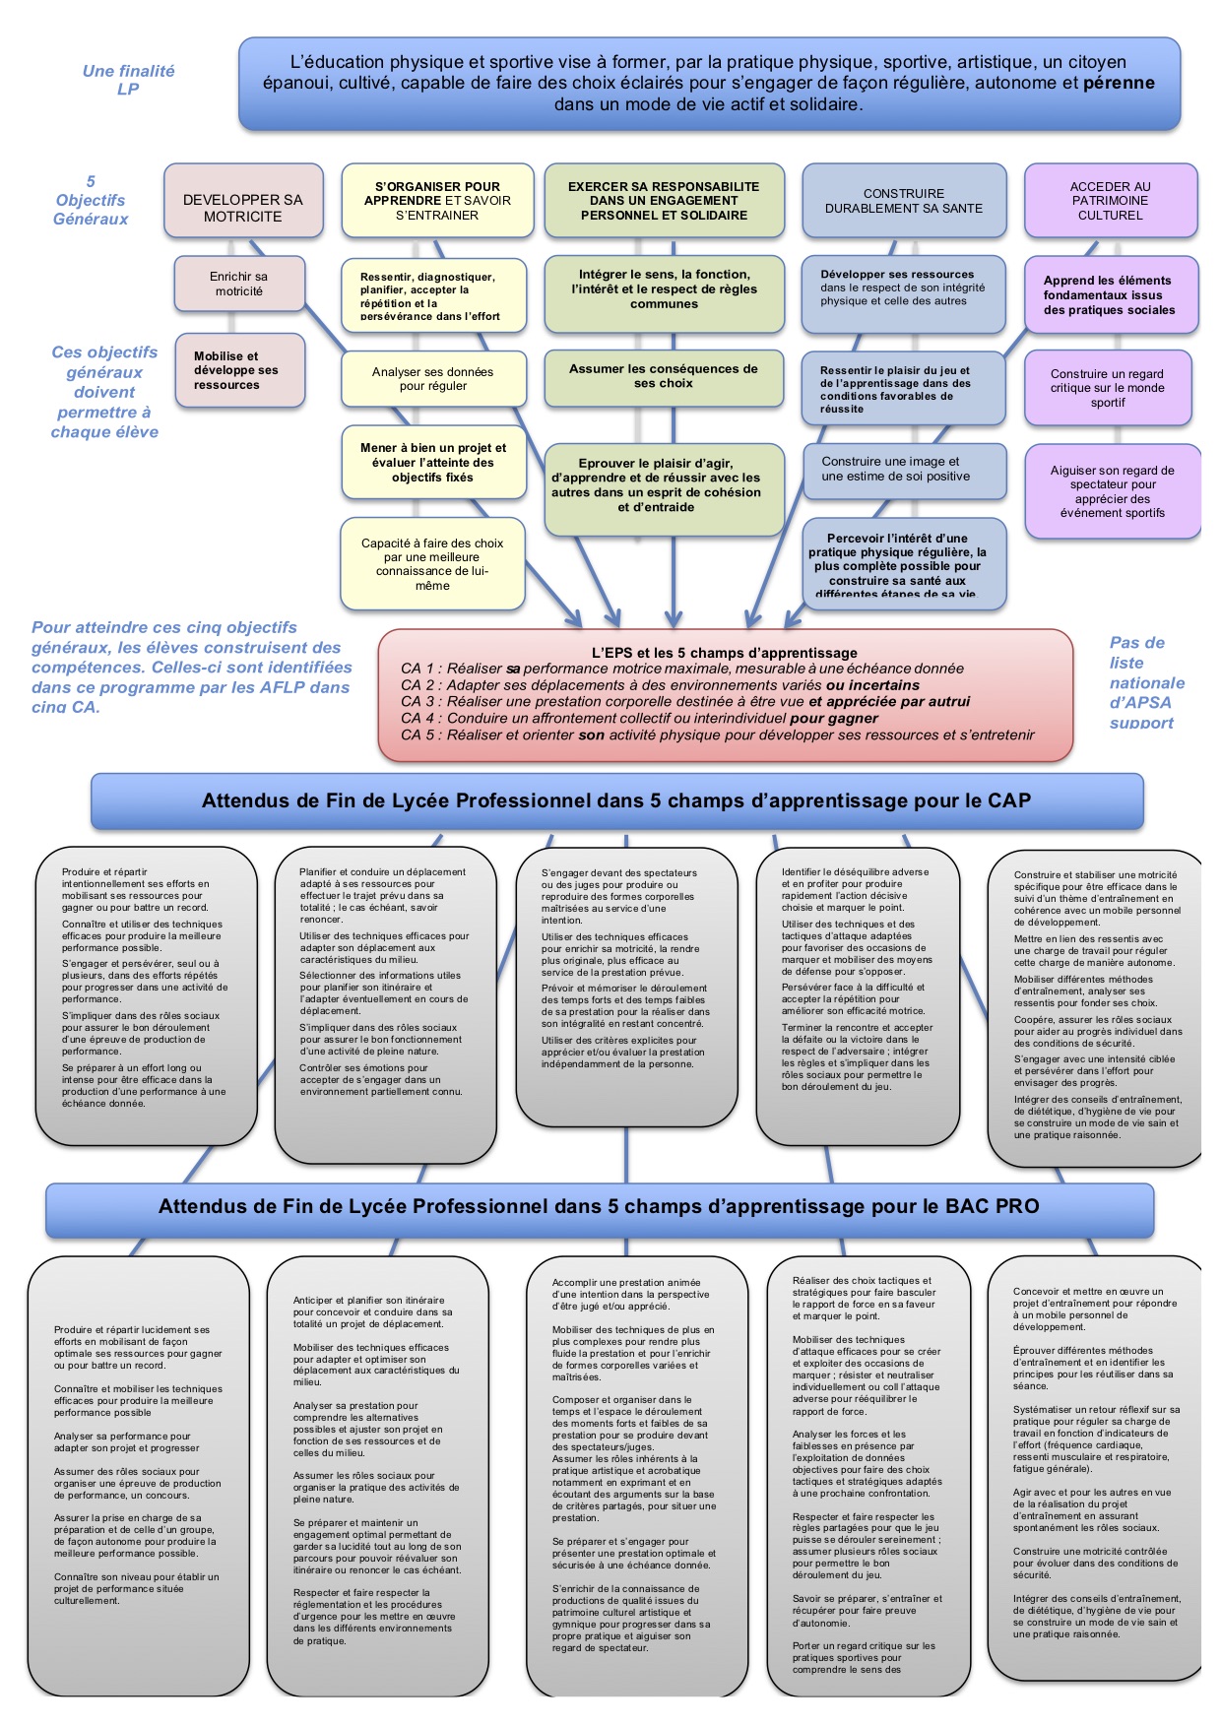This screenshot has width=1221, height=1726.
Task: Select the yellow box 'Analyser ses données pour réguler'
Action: click(x=432, y=379)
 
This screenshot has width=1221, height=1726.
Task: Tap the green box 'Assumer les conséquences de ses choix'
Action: click(x=664, y=376)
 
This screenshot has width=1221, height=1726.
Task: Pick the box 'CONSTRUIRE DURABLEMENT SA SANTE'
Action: click(x=904, y=201)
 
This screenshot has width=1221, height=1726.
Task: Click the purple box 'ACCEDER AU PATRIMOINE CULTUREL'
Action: click(x=1110, y=201)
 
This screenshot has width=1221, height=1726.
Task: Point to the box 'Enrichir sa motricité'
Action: click(x=238, y=284)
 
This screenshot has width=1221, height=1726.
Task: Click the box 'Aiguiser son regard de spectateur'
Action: click(x=1112, y=491)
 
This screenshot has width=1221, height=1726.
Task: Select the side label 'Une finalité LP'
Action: click(x=128, y=80)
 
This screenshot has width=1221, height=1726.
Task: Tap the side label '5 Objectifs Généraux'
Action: click(x=91, y=200)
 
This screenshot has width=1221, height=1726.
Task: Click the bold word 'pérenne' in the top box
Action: click(x=1119, y=83)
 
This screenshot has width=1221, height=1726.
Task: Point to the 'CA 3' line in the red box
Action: click(x=684, y=701)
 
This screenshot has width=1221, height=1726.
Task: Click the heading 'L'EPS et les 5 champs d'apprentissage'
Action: click(x=724, y=652)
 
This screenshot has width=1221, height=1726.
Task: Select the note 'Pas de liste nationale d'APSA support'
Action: click(x=1146, y=682)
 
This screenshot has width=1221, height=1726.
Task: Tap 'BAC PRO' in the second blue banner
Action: click(x=992, y=1206)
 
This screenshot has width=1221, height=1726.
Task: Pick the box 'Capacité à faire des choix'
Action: click(x=432, y=564)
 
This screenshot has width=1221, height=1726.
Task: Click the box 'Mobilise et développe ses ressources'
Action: click(x=239, y=370)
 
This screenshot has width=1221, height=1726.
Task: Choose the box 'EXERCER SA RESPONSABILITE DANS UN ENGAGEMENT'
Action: click(x=664, y=201)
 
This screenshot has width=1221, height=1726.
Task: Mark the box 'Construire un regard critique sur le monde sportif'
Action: click(x=1108, y=388)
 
